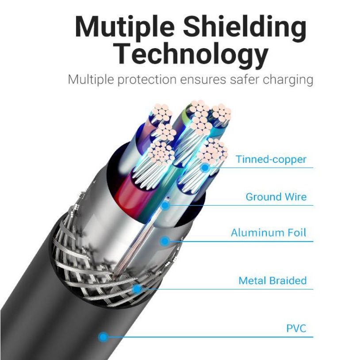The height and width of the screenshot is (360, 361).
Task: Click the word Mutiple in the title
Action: coord(125,27)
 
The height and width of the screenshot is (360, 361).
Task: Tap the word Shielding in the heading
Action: coord(245,27)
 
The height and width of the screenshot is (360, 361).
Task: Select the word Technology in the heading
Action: coord(192,55)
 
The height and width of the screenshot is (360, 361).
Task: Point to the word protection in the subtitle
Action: coord(147,80)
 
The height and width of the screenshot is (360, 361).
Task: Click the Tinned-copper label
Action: coord(271,159)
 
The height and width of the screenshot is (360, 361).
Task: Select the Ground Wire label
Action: coord(276,197)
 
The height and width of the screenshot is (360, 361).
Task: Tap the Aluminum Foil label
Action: coord(269,233)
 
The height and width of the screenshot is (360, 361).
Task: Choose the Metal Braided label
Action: coord(273,280)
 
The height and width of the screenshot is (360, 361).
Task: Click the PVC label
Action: coord(296,329)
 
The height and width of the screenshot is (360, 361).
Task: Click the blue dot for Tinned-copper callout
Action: coord(205,168)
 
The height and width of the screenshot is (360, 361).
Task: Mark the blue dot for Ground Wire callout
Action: coord(165,205)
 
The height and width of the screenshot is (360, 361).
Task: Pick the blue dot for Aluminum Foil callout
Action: coord(165,241)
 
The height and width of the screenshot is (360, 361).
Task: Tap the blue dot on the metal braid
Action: coord(137,289)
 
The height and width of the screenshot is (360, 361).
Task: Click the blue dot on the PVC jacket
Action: coord(103,337)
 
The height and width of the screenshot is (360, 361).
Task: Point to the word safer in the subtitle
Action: coord(245,80)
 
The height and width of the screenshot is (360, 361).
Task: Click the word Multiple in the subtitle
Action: coord(91,80)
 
